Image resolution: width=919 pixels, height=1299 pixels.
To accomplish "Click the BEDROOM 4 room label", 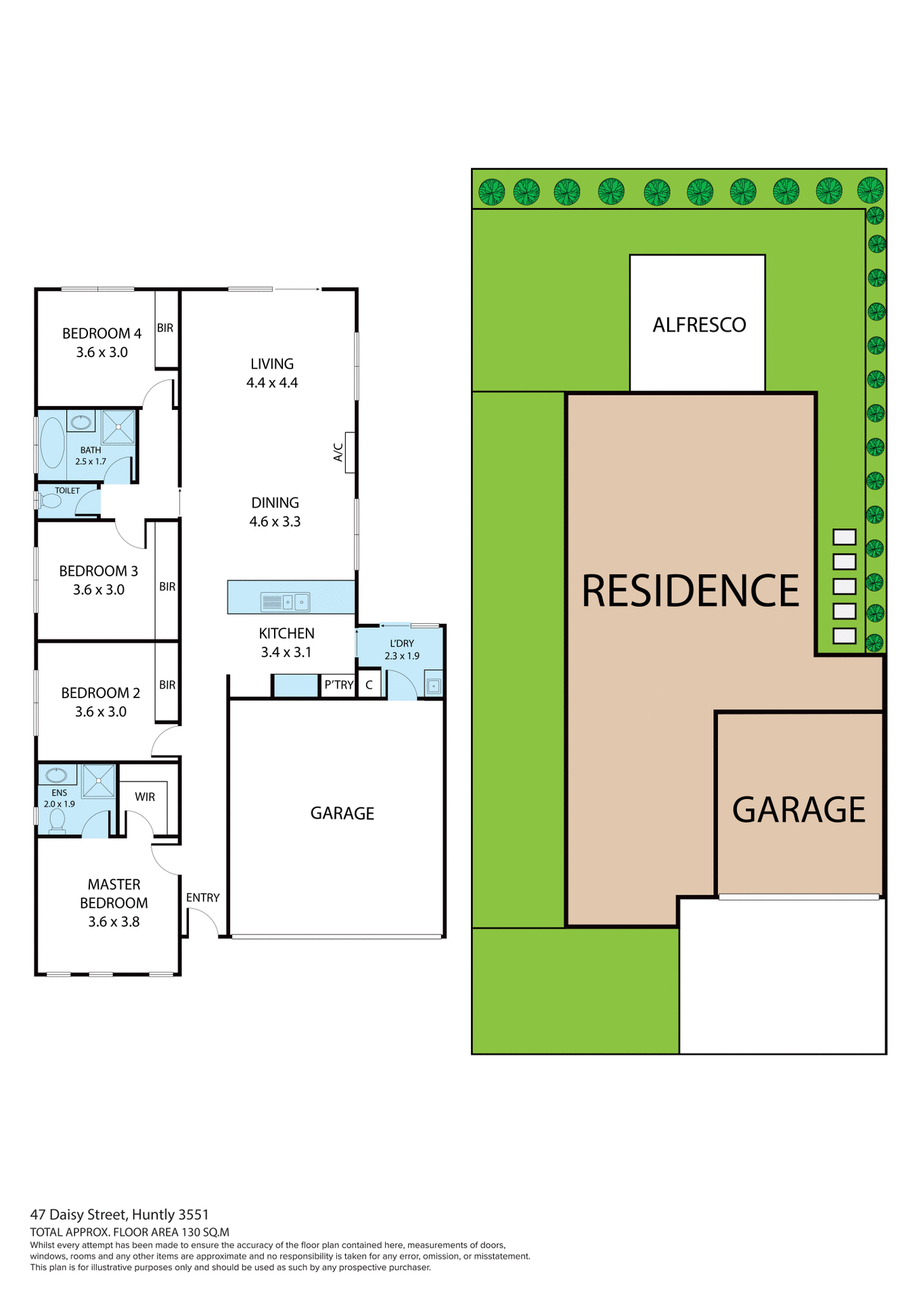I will click(102, 334).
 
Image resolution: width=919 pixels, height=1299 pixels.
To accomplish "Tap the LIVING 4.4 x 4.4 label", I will click(272, 373).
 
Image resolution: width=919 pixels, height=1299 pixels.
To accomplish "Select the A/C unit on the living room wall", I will click(350, 452).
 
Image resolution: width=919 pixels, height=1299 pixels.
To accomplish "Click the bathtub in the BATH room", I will click(52, 442).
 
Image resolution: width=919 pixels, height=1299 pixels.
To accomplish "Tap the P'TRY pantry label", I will click(338, 685).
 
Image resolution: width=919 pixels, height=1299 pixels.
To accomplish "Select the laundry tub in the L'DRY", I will click(433, 685).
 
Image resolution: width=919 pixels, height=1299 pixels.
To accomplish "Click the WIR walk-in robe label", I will click(145, 797).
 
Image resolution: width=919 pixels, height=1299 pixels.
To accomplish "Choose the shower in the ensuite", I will click(99, 781).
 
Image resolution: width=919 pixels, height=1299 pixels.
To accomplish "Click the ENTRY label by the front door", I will click(202, 898).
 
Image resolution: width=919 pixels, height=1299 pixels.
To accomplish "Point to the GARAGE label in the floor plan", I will click(342, 813).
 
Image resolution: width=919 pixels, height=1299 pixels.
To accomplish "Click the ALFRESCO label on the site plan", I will click(699, 325).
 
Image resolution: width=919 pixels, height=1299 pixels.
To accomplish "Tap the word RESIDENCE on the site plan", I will click(690, 591).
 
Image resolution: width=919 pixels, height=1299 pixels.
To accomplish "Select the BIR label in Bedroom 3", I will click(167, 587).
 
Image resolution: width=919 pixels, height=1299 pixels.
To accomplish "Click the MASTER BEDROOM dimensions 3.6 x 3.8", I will click(114, 921).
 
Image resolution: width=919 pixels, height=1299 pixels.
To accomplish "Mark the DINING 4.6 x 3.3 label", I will click(275, 512).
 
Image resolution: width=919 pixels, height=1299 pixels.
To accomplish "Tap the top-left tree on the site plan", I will click(492, 192).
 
